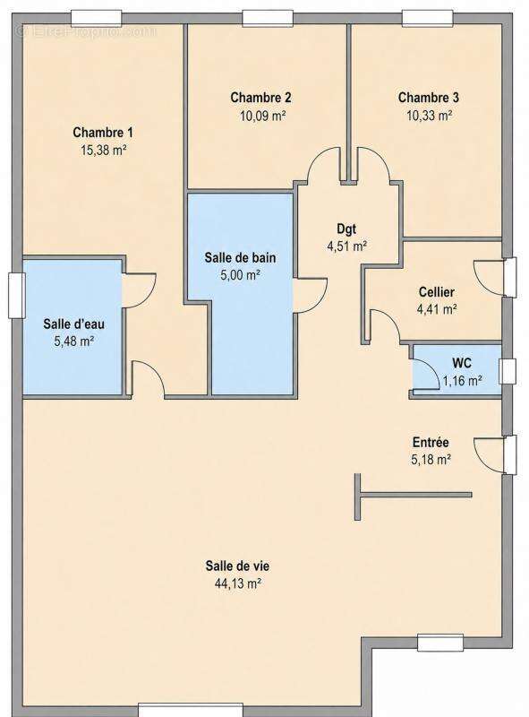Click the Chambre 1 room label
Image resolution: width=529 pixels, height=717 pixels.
pyautogui.click(x=103, y=133)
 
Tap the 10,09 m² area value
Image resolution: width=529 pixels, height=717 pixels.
pyautogui.click(x=262, y=116)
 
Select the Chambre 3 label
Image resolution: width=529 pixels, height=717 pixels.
pyautogui.click(x=429, y=98)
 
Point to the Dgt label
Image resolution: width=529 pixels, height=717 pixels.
pyautogui.click(x=346, y=229)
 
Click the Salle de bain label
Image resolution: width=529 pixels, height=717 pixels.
pyautogui.click(x=240, y=257)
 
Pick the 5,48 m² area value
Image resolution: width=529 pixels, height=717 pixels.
pyautogui.click(x=74, y=341)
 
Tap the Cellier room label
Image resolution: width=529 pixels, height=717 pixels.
pyautogui.click(x=436, y=292)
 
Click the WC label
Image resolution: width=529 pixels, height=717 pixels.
pyautogui.click(x=461, y=363)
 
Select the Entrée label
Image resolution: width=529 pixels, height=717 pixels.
pyautogui.click(x=431, y=442)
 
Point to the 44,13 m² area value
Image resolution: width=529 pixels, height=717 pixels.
pyautogui.click(x=237, y=583)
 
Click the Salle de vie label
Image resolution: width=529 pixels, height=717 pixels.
pyautogui.click(x=237, y=566)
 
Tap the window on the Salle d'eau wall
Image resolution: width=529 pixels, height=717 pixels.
pyautogui.click(x=16, y=296)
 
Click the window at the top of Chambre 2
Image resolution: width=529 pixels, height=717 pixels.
pyautogui.click(x=268, y=18)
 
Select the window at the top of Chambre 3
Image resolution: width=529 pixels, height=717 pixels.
pyautogui.click(x=427, y=18)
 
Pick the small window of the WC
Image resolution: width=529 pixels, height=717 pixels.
pyautogui.click(x=507, y=371)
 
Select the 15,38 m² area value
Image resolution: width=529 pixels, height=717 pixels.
pyautogui.click(x=103, y=150)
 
